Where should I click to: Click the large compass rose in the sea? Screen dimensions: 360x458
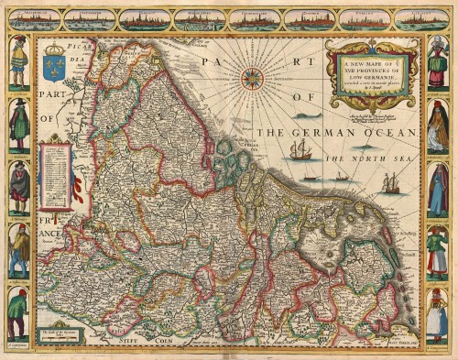252,77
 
